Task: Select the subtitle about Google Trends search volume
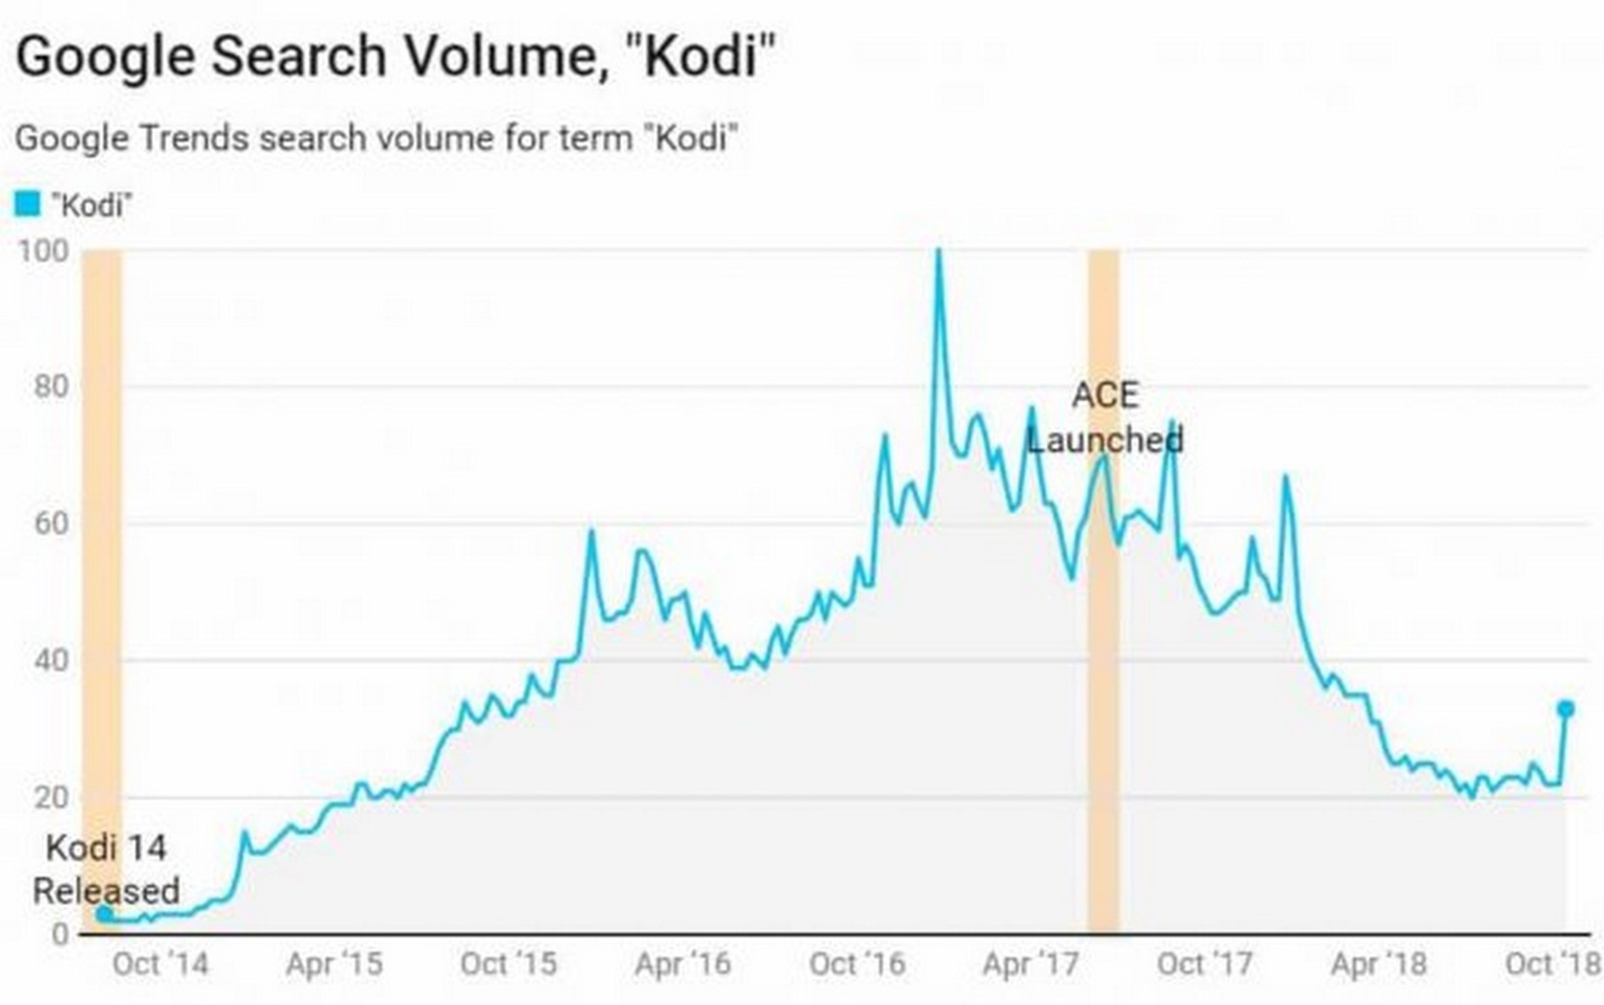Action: pyautogui.click(x=376, y=138)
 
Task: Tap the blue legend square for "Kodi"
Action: pyautogui.click(x=27, y=204)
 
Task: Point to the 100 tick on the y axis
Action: pyautogui.click(x=43, y=252)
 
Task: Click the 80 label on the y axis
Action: pyautogui.click(x=51, y=387)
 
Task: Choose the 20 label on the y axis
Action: pyautogui.click(x=51, y=797)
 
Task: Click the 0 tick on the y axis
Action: pyautogui.click(x=60, y=934)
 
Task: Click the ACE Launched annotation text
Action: pyautogui.click(x=1105, y=418)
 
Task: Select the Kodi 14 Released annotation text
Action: pyautogui.click(x=107, y=869)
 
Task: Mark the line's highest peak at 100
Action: pyautogui.click(x=938, y=252)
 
